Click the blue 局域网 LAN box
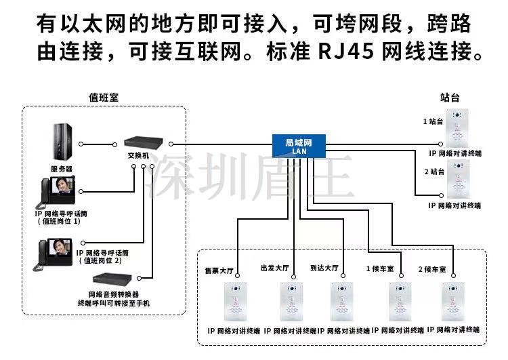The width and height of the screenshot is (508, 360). (x=299, y=144)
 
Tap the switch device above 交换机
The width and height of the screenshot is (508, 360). (x=144, y=143)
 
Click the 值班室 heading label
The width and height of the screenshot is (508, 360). (x=104, y=98)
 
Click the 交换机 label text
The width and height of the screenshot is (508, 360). (x=139, y=155)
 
